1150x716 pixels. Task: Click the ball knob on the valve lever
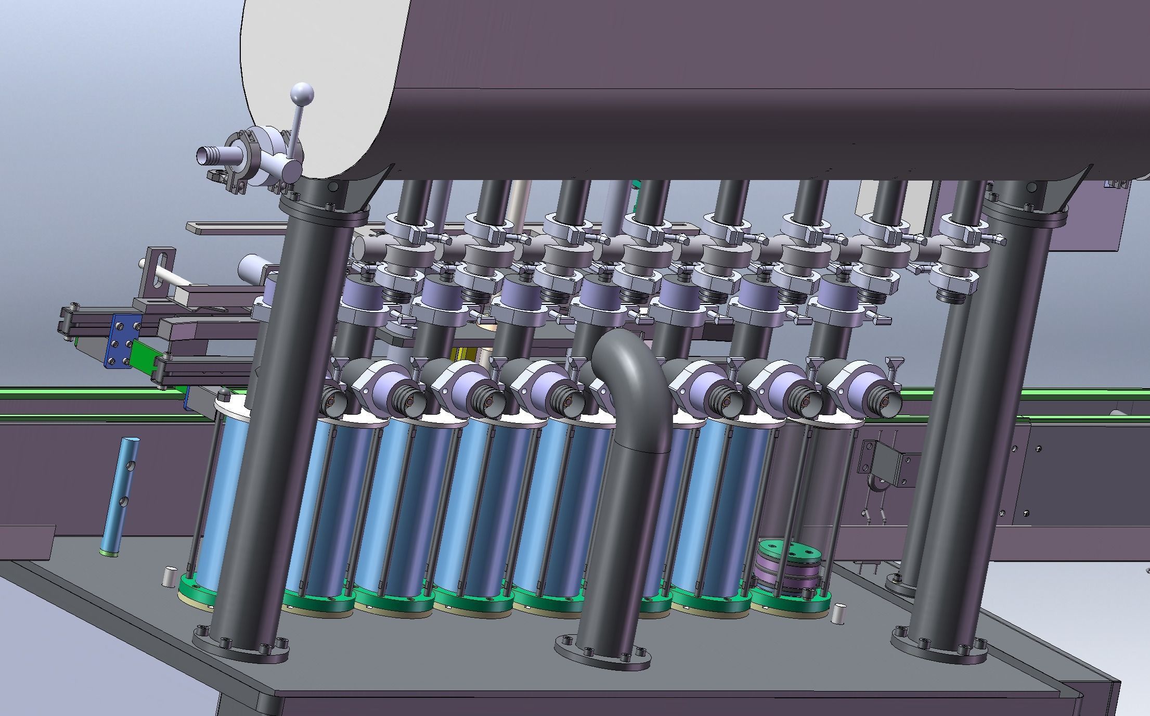coord(302,94)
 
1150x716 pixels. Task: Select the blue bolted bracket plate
coord(123,340)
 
